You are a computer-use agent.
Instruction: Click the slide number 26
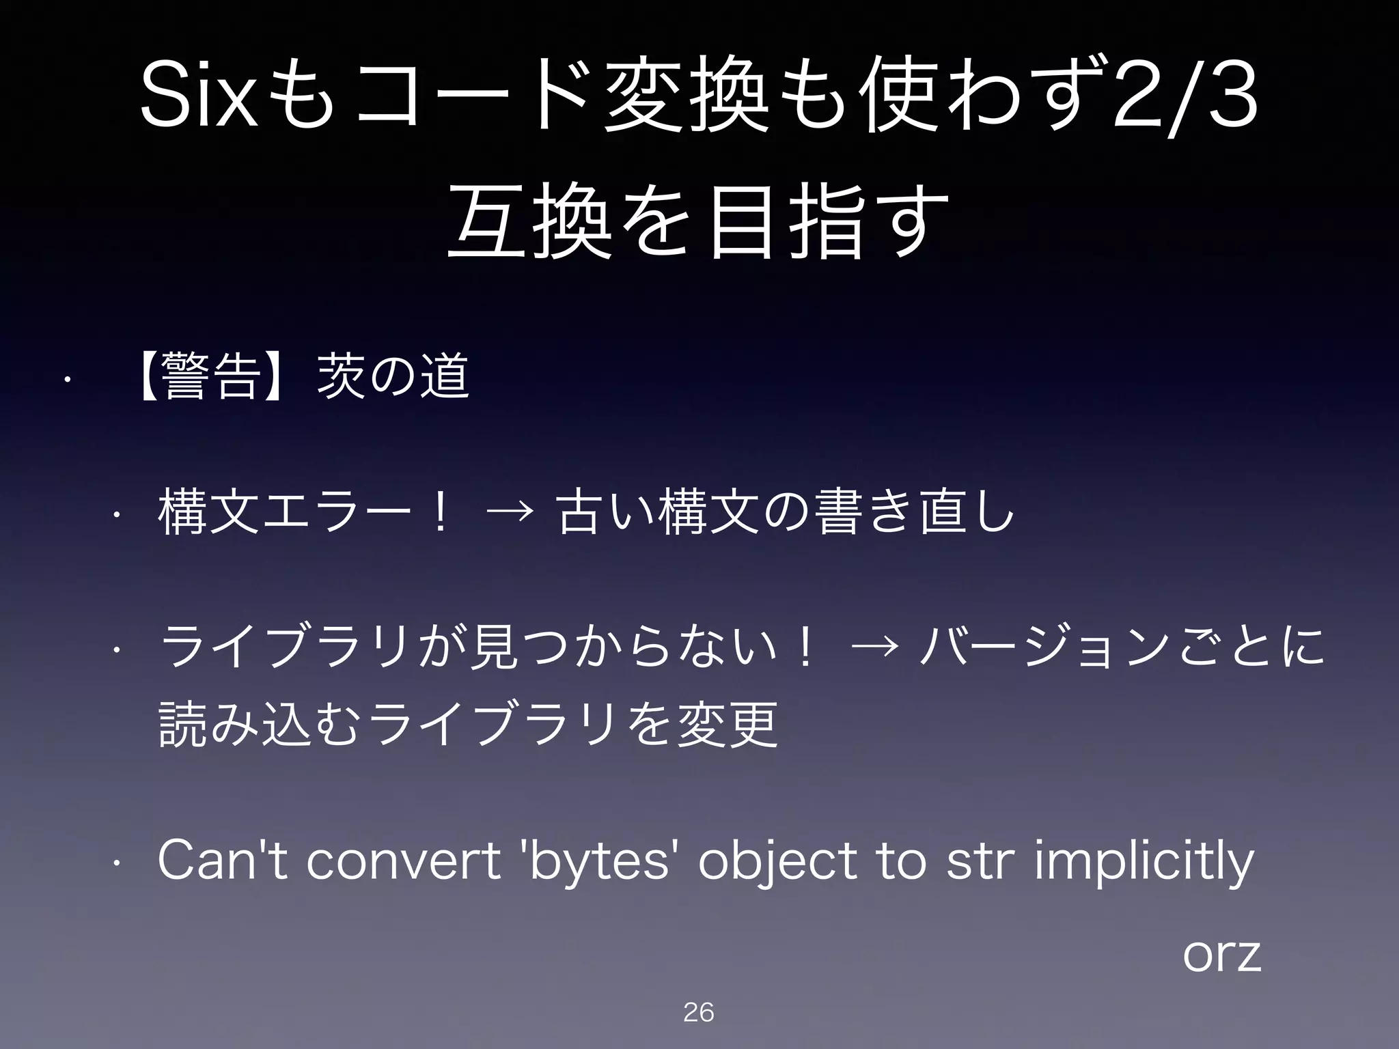point(698,1012)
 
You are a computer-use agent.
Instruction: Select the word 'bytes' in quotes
point(596,862)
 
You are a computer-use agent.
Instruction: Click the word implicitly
point(1144,862)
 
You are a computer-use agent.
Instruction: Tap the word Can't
point(224,862)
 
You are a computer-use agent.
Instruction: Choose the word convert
point(404,862)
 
